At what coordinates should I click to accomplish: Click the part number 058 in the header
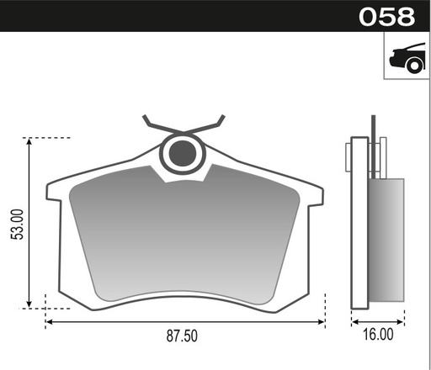click(386, 17)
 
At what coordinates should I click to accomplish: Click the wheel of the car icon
click(414, 66)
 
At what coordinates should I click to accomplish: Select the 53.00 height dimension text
click(17, 225)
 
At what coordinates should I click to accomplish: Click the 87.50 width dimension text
click(182, 336)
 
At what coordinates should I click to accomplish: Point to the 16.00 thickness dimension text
click(378, 335)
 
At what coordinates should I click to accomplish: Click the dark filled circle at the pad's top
click(183, 153)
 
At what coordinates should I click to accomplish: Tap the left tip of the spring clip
click(144, 116)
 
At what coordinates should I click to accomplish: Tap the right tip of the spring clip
click(223, 116)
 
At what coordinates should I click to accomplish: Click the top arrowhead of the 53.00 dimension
click(29, 140)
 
